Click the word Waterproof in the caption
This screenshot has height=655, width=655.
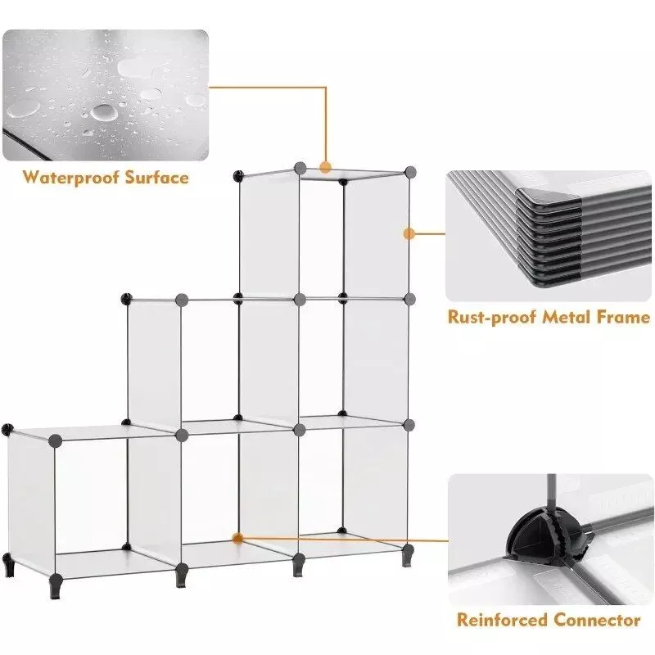(x=70, y=178)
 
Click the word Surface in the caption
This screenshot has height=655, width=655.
(x=157, y=178)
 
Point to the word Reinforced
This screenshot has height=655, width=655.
(x=502, y=620)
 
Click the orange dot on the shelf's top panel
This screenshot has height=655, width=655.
(x=325, y=168)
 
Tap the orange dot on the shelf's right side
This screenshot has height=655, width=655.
(x=409, y=233)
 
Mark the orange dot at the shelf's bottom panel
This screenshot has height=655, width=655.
(x=237, y=539)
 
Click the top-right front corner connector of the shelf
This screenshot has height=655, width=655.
(x=410, y=171)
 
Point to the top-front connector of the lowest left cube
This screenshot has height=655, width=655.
(x=55, y=440)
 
